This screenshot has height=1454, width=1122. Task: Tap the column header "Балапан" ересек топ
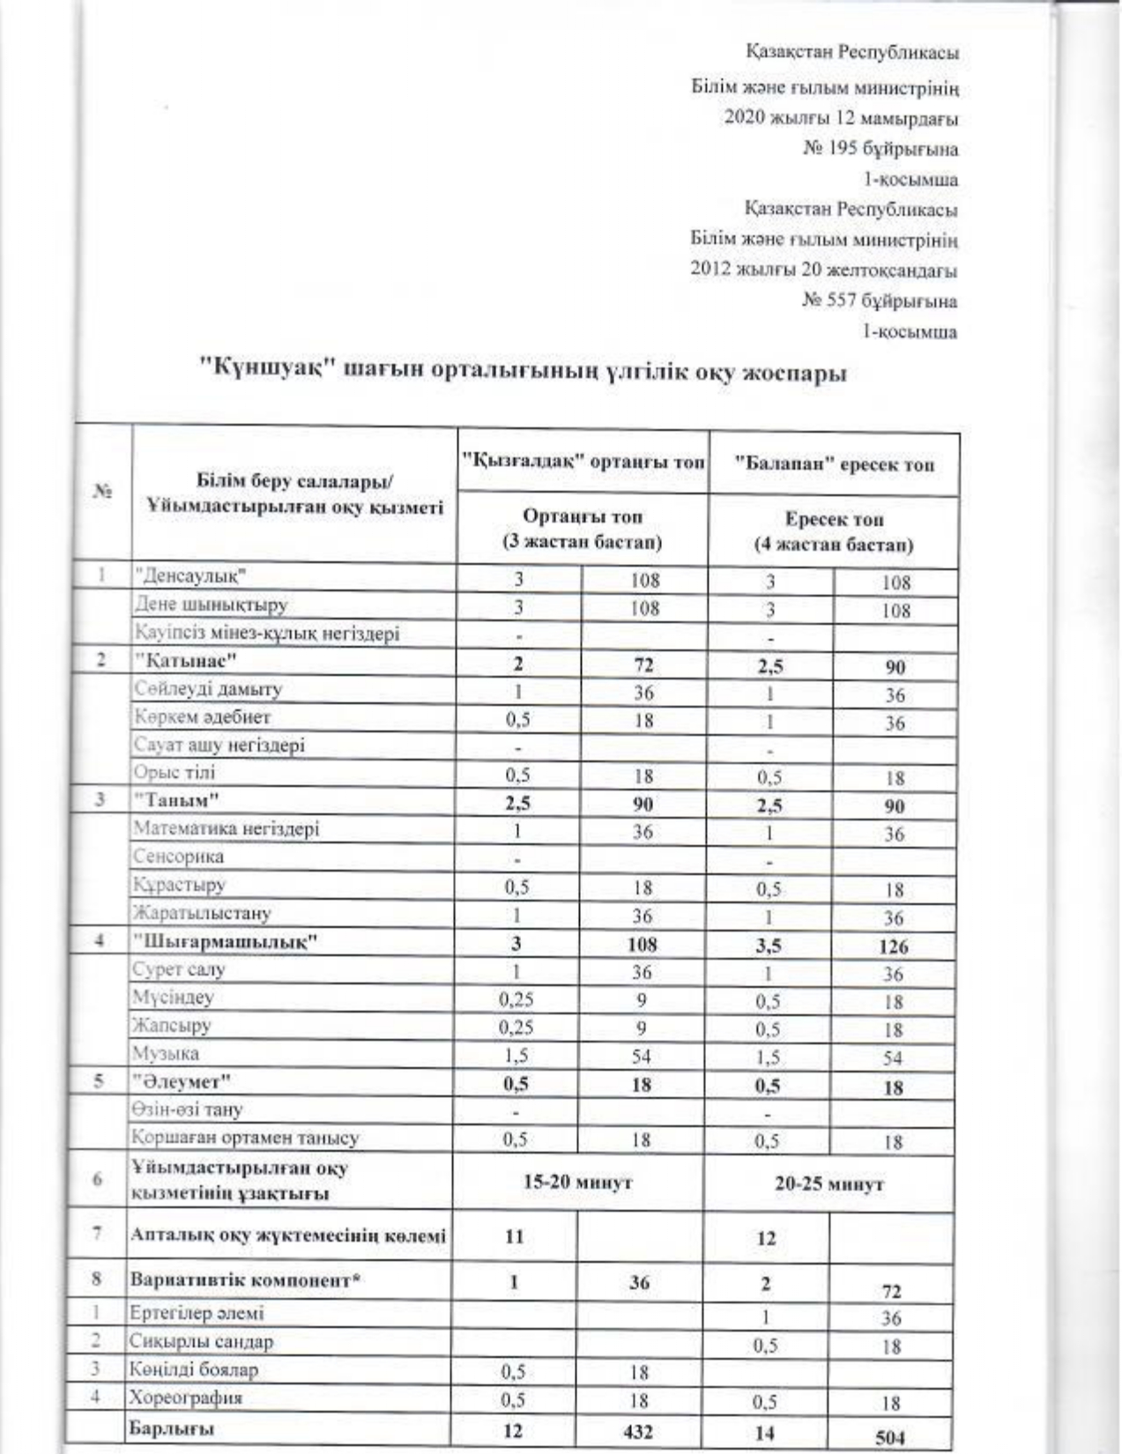click(834, 464)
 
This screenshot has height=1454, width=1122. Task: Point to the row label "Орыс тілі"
click(175, 773)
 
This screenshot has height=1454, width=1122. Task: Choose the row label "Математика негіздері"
click(226, 829)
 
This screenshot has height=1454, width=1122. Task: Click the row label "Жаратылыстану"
click(202, 913)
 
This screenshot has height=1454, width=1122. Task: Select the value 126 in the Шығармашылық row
click(893, 947)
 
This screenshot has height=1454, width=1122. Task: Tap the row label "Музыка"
click(166, 1054)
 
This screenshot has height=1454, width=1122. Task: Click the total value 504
click(890, 1437)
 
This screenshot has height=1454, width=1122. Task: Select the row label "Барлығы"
click(172, 1429)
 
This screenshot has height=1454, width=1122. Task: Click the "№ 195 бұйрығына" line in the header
click(880, 149)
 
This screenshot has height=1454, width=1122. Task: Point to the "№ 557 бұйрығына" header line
click(879, 301)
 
